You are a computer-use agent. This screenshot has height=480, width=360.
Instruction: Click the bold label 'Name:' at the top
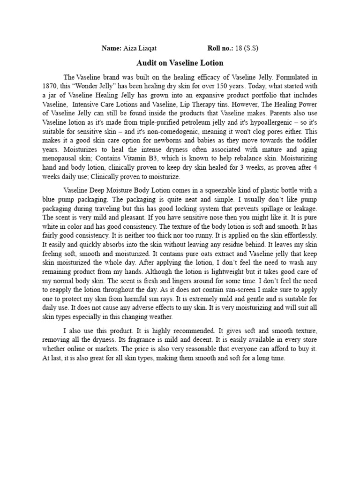coord(111,49)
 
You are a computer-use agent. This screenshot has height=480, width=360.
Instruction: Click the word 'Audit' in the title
coord(146,63)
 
